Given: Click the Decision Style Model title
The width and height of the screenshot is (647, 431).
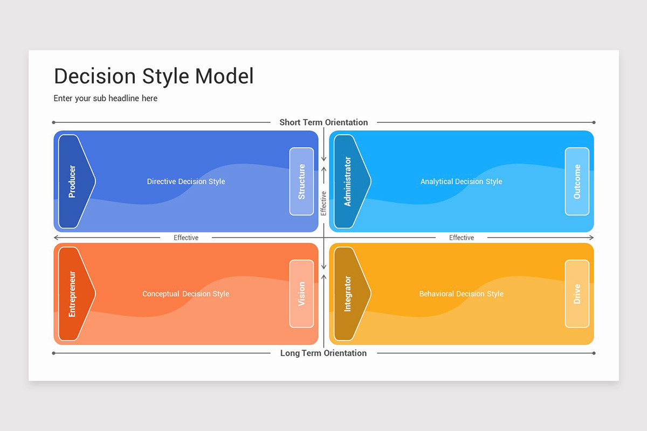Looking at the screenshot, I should click(x=154, y=77).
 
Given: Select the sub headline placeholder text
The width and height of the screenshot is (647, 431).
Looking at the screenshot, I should click(x=106, y=98).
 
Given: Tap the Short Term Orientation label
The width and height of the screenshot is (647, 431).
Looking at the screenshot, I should click(x=323, y=122).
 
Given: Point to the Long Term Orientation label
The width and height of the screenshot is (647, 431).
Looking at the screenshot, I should click(x=323, y=353).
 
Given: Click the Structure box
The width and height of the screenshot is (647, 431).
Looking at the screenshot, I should click(x=301, y=182).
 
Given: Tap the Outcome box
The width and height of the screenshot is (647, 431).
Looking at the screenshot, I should click(x=577, y=182).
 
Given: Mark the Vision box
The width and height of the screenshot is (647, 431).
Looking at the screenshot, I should click(x=301, y=294).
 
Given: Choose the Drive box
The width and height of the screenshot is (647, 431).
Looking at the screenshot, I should click(x=577, y=294).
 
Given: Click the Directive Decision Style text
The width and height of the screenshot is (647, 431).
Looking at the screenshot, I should click(x=186, y=182).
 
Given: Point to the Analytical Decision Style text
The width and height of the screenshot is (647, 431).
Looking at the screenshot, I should click(x=461, y=182).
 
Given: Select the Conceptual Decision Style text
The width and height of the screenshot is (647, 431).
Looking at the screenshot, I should click(x=185, y=294).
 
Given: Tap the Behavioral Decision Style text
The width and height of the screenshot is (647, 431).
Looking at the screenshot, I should click(x=461, y=294).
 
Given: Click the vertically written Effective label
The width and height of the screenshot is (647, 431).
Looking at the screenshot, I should click(x=323, y=203).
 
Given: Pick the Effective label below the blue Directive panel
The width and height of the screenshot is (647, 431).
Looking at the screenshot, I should click(x=186, y=238).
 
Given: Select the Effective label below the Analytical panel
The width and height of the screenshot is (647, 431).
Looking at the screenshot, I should click(x=462, y=238).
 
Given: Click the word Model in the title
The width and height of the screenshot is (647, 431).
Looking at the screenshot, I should click(x=224, y=77).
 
